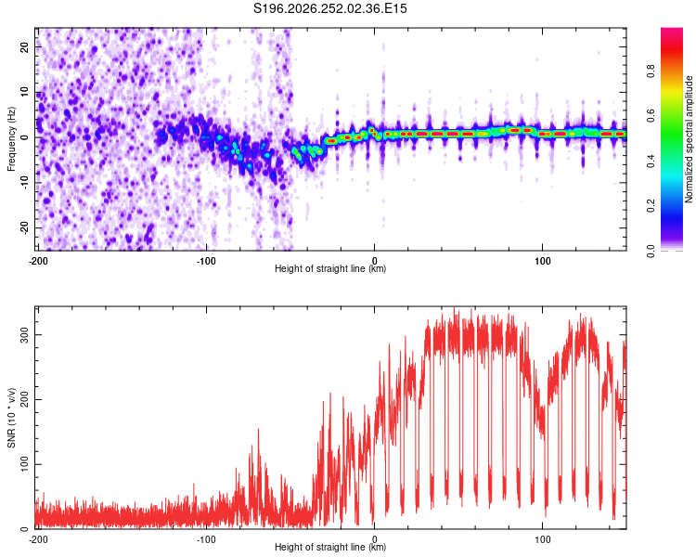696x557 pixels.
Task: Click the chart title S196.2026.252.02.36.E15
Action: (x=329, y=8)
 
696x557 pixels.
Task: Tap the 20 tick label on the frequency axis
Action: (x=24, y=47)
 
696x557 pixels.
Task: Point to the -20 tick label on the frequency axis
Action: (x=24, y=228)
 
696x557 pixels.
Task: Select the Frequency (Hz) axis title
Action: (x=11, y=139)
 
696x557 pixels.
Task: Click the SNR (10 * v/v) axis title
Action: (x=11, y=418)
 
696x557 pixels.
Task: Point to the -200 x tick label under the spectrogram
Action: (x=38, y=261)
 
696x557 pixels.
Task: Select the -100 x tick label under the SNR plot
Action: (x=206, y=539)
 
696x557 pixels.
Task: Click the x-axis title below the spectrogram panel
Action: (x=330, y=268)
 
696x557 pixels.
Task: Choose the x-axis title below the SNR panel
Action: (x=330, y=547)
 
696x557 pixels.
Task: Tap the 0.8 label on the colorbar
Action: (x=651, y=71)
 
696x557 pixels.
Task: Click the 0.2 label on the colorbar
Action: (x=651, y=206)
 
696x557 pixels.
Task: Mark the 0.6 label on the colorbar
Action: (x=651, y=116)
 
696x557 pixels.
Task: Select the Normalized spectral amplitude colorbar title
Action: (x=689, y=138)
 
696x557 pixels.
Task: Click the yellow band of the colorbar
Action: (x=672, y=91)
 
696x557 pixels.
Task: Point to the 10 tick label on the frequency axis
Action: (x=24, y=92)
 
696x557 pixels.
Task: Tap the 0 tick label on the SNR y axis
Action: (x=24, y=529)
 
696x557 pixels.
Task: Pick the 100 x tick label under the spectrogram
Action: (x=543, y=261)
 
